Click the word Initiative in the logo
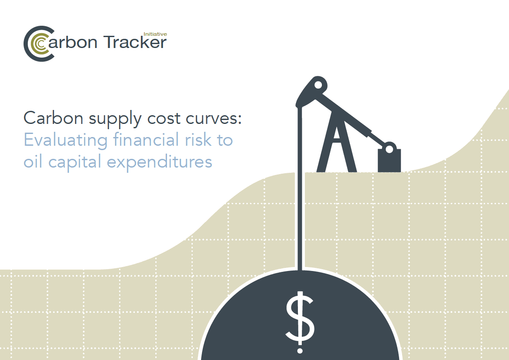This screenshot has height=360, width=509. [155, 34]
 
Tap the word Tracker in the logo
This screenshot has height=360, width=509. [135, 42]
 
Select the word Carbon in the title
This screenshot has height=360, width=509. [54, 118]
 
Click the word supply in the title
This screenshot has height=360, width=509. [115, 119]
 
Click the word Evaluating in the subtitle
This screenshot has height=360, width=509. [65, 141]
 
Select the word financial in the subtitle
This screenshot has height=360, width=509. [146, 140]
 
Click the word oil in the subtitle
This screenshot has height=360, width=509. [33, 161]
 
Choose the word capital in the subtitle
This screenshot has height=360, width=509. [75, 162]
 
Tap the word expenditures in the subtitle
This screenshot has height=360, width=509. [159, 162]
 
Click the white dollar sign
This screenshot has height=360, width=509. [300, 322]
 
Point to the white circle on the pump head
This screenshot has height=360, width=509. [318, 85]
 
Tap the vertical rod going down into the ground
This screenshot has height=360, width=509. [300, 189]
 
